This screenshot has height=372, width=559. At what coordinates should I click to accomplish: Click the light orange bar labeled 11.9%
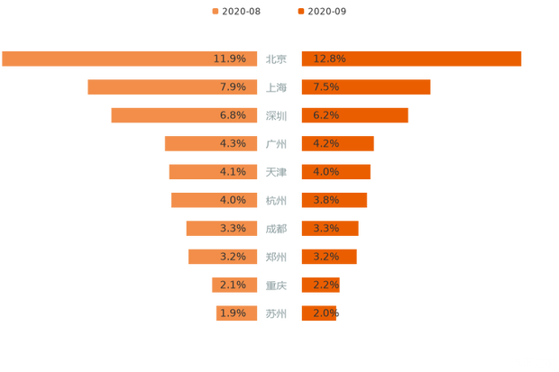click(x=130, y=59)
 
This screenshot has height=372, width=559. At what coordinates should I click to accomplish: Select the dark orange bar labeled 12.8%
click(x=411, y=59)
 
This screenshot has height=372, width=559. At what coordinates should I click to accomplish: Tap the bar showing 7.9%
click(x=172, y=87)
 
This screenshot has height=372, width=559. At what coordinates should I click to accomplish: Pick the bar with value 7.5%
click(x=365, y=87)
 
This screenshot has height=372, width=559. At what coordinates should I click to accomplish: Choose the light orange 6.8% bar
click(x=184, y=115)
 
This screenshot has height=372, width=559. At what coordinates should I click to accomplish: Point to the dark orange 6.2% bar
click(x=354, y=115)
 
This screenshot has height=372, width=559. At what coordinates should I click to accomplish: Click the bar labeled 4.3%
click(x=211, y=143)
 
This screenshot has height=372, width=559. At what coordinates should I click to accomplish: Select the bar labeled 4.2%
click(x=336, y=143)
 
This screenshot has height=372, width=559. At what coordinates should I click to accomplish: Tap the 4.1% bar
click(x=213, y=172)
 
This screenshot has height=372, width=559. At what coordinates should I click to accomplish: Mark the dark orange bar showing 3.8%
click(x=334, y=200)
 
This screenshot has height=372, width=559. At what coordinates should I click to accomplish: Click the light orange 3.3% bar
click(x=222, y=229)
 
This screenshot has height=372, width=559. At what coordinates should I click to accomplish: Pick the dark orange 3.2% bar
click(x=328, y=257)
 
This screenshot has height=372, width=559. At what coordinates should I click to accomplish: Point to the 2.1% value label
click(x=233, y=286)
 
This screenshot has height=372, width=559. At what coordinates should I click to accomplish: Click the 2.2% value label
click(x=326, y=286)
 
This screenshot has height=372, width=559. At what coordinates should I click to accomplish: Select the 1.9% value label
click(x=233, y=313)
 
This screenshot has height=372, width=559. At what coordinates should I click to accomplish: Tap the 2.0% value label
click(x=326, y=313)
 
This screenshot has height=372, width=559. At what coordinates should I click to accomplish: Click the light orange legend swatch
click(x=214, y=11)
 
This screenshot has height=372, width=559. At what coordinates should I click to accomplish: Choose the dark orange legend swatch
click(x=298, y=11)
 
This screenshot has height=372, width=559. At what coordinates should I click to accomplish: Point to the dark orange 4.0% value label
click(x=326, y=172)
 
